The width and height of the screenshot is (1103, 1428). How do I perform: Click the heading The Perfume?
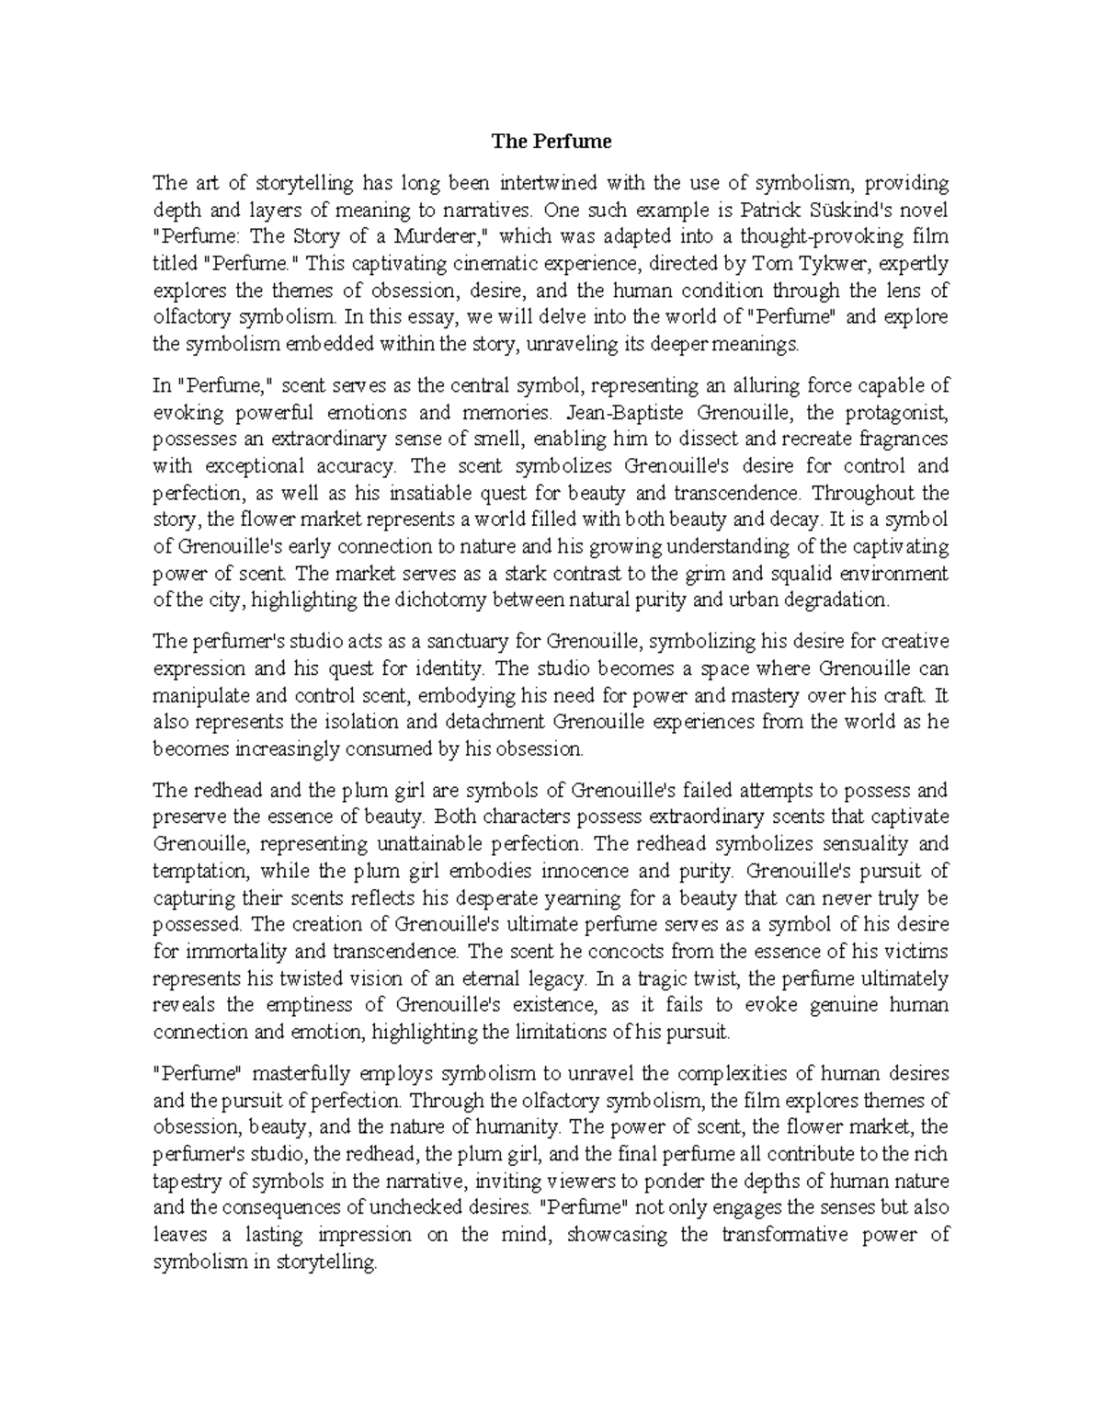(551, 142)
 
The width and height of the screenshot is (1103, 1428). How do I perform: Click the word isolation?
(337, 722)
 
